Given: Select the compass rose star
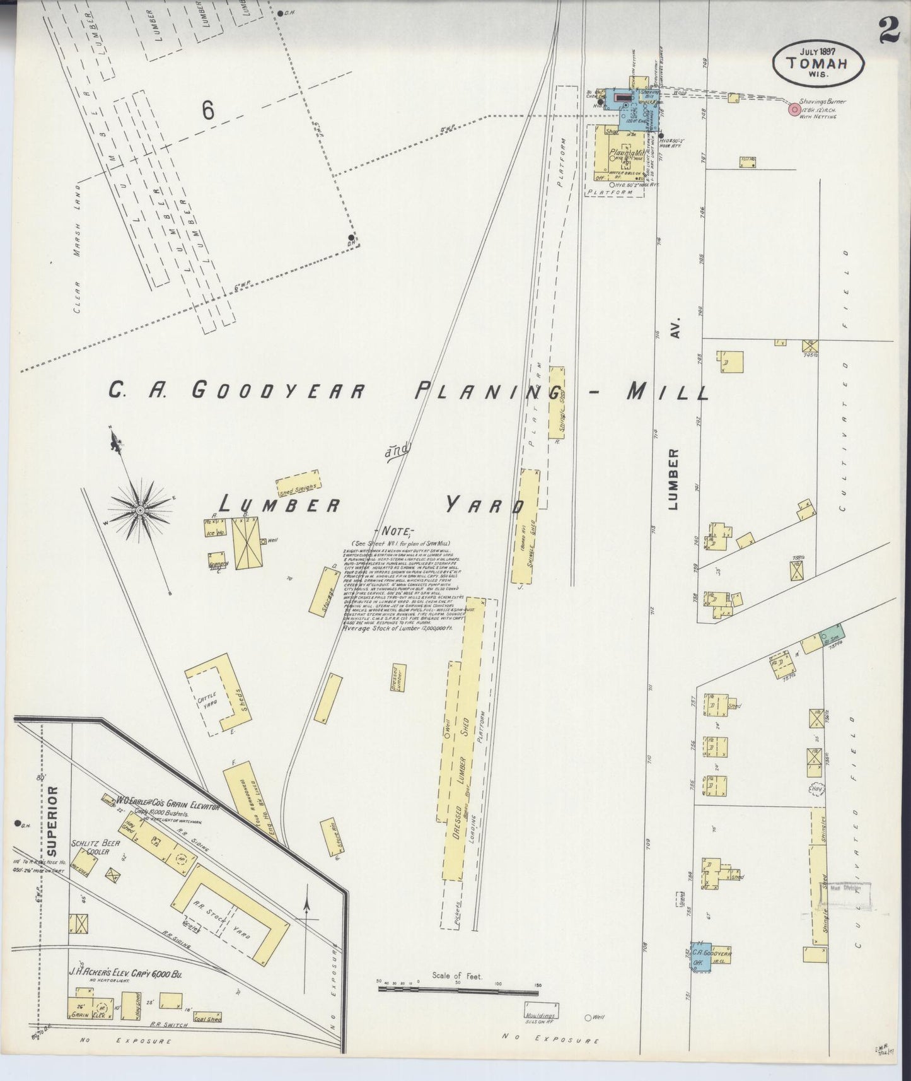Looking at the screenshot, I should point(140,508).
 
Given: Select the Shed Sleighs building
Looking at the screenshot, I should point(298,484).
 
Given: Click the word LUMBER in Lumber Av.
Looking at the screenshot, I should point(673,479).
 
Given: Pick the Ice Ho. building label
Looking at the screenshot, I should point(214,532).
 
